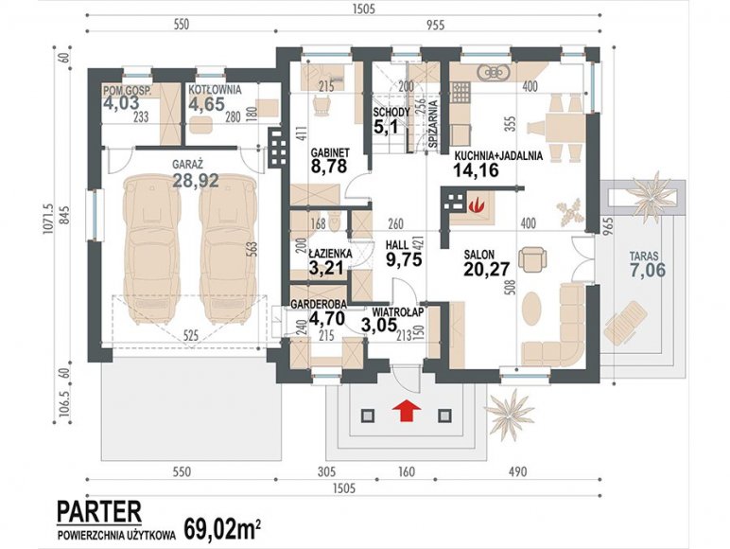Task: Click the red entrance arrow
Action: [x=407, y=412]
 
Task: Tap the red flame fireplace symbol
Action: [x=476, y=204]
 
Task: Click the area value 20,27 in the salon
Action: [x=487, y=269]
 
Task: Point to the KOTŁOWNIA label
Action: [x=215, y=90]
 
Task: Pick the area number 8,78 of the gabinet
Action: [x=329, y=167]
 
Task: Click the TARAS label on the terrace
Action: [x=644, y=256]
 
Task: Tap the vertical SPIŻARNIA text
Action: [x=432, y=124]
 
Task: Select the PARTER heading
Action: [x=99, y=512]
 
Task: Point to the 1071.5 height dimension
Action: [x=51, y=218]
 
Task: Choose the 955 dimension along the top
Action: [x=436, y=25]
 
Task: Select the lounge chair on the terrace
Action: [x=626, y=323]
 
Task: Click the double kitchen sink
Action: [x=494, y=72]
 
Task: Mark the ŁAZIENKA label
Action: [x=331, y=254]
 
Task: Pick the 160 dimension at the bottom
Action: [x=407, y=472]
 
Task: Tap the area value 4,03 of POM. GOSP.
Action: [x=122, y=103]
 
